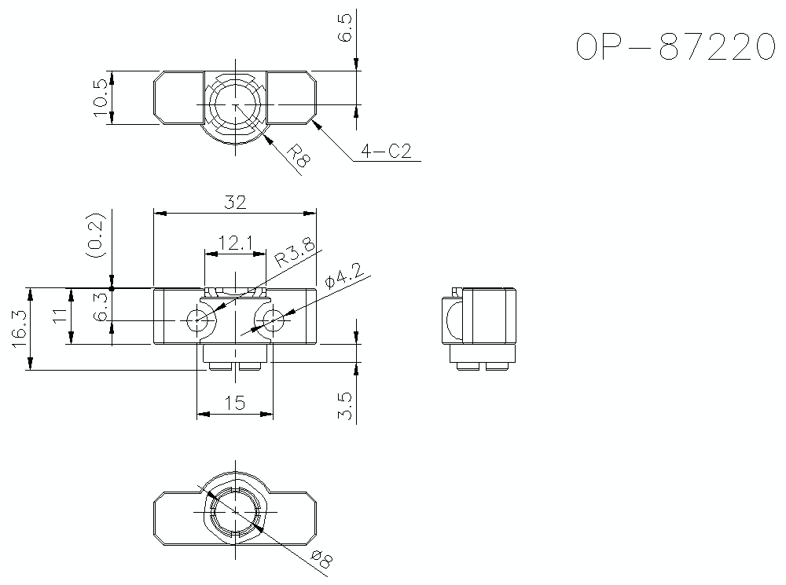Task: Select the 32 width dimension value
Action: (235, 203)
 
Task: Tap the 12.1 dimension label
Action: (236, 243)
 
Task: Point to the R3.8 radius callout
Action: (296, 252)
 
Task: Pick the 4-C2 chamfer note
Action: (386, 151)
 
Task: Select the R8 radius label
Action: (299, 155)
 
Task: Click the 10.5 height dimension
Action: (101, 97)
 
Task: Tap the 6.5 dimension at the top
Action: (345, 28)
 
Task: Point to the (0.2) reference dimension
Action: (96, 235)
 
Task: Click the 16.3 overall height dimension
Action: (18, 329)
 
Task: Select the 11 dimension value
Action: (61, 316)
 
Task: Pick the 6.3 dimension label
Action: (101, 306)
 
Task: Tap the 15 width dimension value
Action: (234, 403)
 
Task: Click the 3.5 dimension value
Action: (345, 406)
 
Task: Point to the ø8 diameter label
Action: (321, 559)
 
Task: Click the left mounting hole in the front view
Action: (197, 320)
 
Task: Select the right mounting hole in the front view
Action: (273, 320)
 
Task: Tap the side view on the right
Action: (479, 329)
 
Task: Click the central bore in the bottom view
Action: (235, 511)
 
